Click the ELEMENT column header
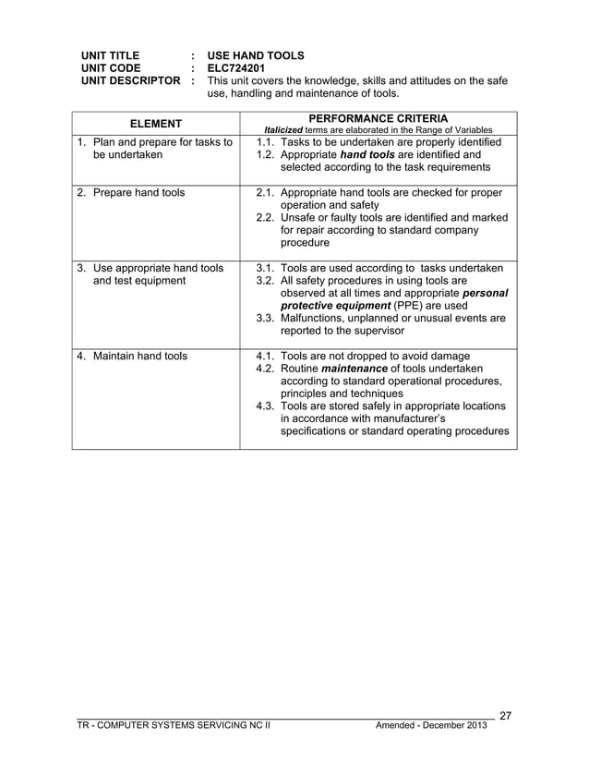155,124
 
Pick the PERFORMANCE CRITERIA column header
379,118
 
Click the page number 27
507,714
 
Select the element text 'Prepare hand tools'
139,193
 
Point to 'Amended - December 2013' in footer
433,726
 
